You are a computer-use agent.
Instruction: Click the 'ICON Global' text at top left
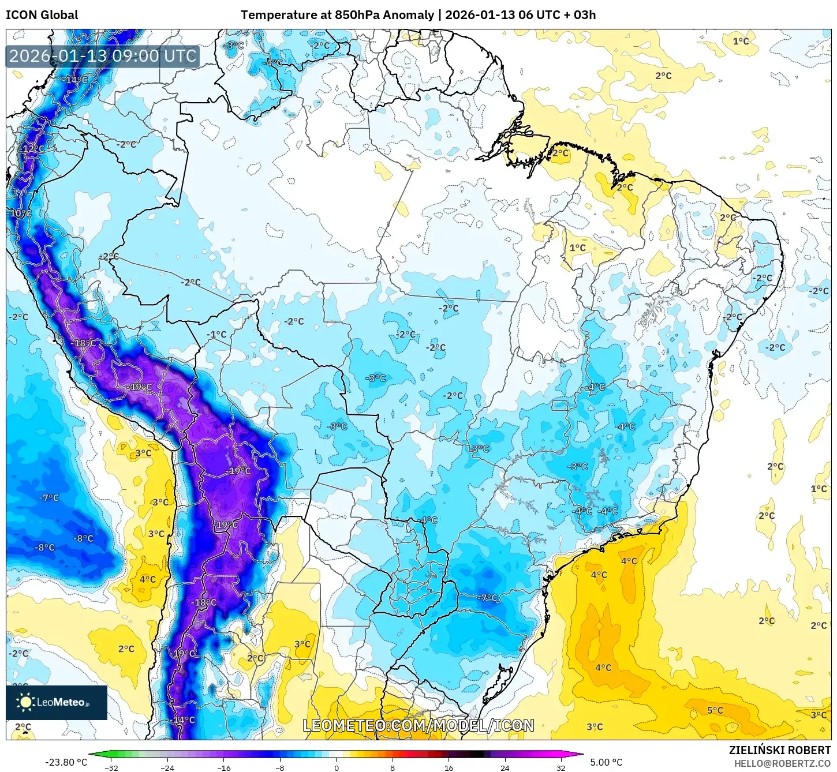coord(42,15)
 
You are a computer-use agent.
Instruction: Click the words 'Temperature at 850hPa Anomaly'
coord(337,15)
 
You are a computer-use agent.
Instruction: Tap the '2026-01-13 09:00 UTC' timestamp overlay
coord(103,56)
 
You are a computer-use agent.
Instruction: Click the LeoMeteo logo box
coord(57,702)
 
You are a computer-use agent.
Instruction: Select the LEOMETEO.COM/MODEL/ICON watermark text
coord(418,725)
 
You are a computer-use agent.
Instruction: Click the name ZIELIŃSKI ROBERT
coord(779,750)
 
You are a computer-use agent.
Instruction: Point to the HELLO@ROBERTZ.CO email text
coord(782,763)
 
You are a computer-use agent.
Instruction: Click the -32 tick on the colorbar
coord(111,768)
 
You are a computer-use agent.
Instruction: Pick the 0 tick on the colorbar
coord(337,768)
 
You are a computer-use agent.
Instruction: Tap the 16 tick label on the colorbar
coord(449,768)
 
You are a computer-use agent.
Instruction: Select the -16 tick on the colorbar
coord(224,768)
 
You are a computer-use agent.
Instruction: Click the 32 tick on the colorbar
coord(561,768)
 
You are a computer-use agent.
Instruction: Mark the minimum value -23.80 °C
coord(66,762)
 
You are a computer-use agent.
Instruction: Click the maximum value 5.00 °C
coord(606,762)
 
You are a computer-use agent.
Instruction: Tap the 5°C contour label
coord(715,710)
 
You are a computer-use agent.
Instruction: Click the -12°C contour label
coord(32,148)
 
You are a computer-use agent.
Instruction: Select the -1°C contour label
coord(217,334)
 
